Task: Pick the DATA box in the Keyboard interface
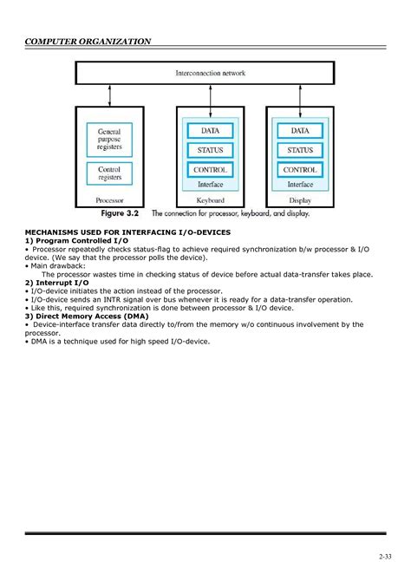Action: (x=211, y=131)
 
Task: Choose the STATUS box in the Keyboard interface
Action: (x=211, y=151)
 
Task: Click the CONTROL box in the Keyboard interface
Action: (x=211, y=170)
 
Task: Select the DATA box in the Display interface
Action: (x=300, y=131)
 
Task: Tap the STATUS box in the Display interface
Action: (x=300, y=151)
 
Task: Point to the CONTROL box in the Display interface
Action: (x=300, y=170)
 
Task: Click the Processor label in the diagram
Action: (x=110, y=199)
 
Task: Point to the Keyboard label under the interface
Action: (x=211, y=199)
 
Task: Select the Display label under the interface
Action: (x=300, y=199)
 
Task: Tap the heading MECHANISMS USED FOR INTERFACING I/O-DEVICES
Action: (x=122, y=233)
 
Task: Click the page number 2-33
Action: (x=384, y=555)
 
